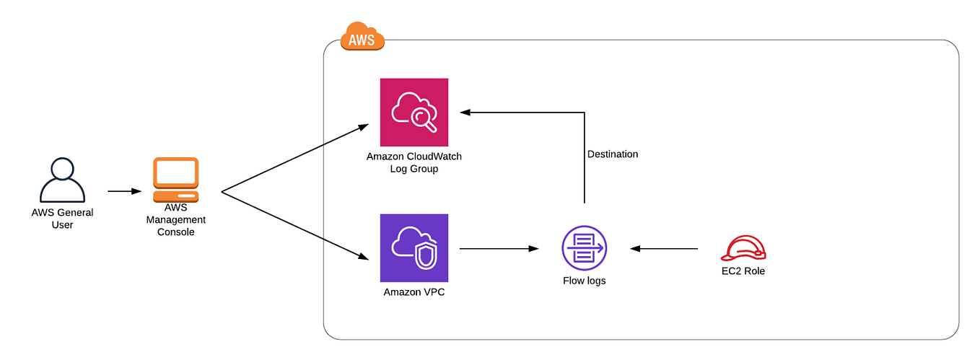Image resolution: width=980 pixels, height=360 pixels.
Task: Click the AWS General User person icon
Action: tap(62, 180)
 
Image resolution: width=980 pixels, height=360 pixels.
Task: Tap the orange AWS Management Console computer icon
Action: tap(175, 180)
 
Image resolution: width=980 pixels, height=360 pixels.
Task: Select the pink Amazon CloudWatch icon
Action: tap(414, 112)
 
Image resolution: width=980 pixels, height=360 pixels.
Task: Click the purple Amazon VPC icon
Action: tap(414, 247)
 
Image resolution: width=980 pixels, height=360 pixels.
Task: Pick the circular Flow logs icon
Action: tap(584, 247)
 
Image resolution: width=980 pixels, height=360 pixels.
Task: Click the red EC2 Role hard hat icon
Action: tap(743, 248)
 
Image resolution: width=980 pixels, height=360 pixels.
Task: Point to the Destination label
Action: tap(612, 154)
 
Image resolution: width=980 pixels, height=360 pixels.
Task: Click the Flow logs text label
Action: tap(584, 281)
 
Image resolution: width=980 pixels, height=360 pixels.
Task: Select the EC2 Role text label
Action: tap(743, 271)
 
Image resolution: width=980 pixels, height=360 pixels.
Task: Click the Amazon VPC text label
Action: tap(414, 293)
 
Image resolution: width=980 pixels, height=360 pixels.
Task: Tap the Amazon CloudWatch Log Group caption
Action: tap(414, 162)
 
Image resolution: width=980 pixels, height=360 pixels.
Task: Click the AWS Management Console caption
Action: tap(175, 219)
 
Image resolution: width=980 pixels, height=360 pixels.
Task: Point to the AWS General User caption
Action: tap(62, 219)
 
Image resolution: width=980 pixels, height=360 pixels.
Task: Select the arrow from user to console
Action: tap(124, 191)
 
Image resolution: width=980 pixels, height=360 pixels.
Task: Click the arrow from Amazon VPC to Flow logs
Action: tap(498, 248)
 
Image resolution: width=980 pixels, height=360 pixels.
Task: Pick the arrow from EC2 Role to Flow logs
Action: tap(664, 248)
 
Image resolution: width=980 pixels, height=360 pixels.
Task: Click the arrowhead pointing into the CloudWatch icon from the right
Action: tap(465, 112)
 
